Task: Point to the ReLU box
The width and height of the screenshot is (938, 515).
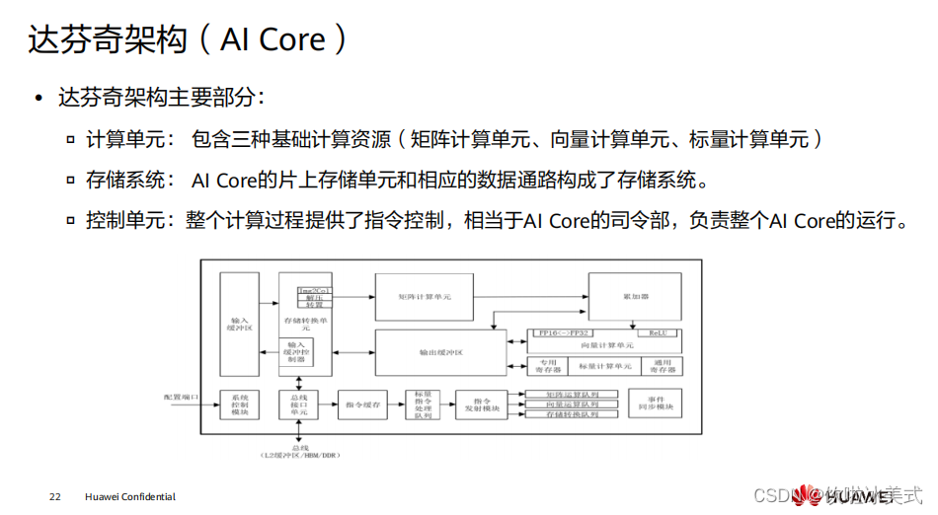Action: click(657, 333)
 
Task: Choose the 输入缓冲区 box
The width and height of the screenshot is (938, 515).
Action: click(239, 323)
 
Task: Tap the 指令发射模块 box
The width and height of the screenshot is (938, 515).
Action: click(482, 405)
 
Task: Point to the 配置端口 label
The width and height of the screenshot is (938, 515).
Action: click(181, 397)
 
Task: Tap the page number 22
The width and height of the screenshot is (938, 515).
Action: click(54, 496)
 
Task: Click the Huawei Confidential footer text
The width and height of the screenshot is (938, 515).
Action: click(129, 496)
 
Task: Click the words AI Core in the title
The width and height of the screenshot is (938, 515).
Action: click(273, 39)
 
